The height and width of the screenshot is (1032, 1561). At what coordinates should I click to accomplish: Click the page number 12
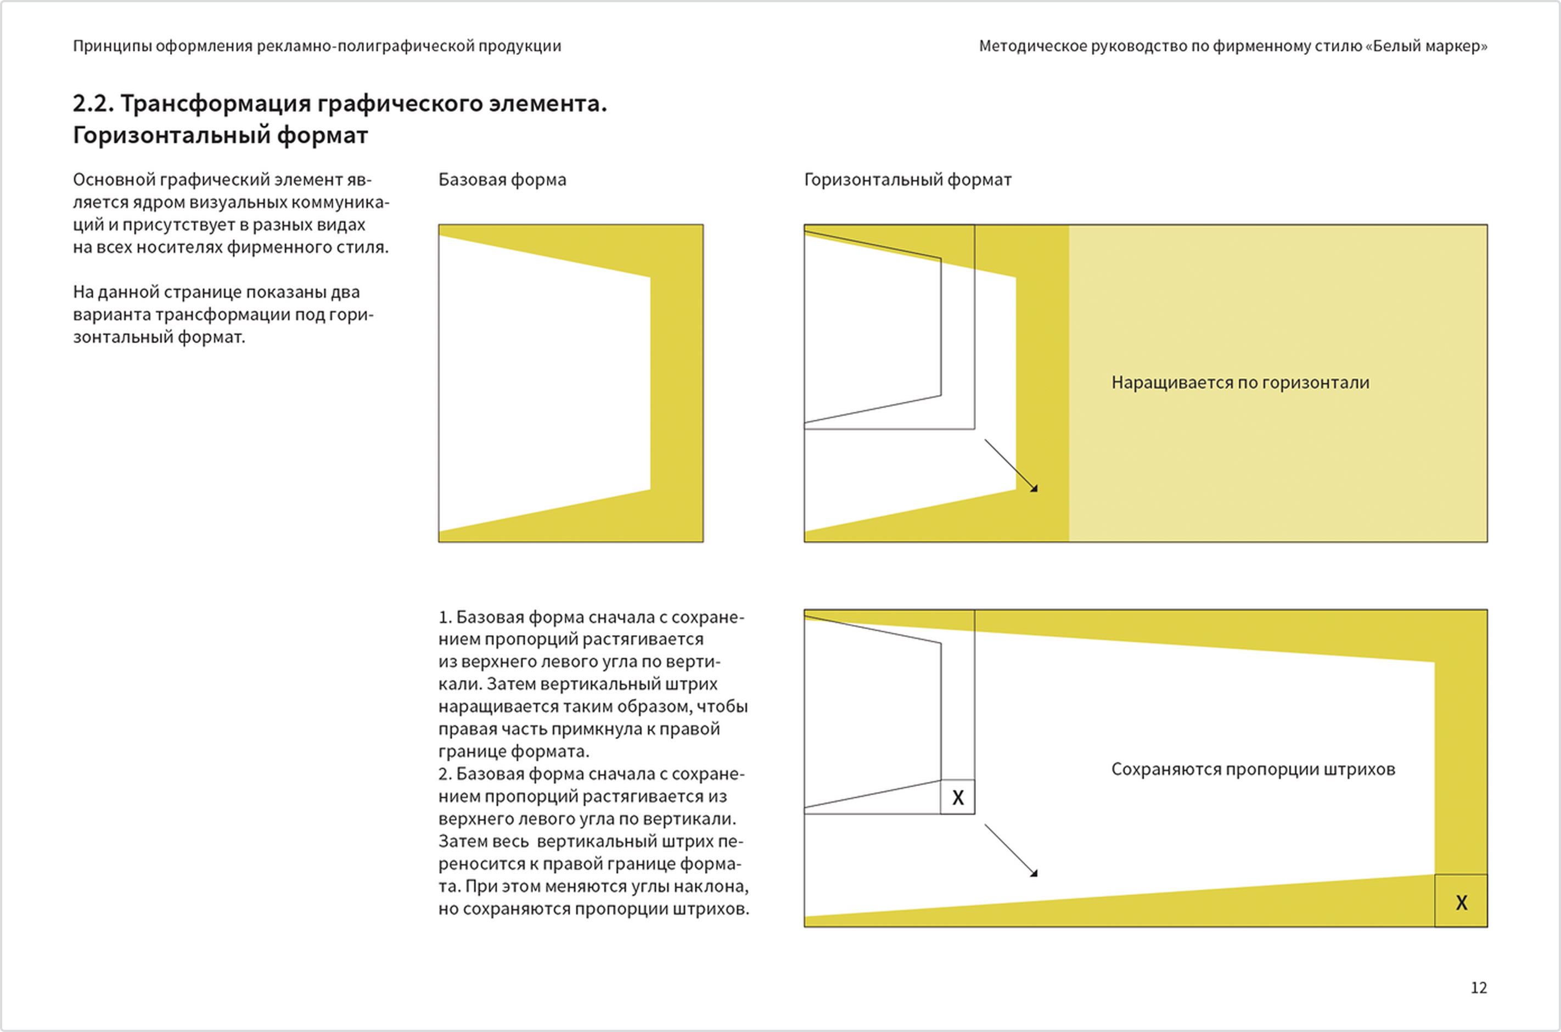click(x=1478, y=987)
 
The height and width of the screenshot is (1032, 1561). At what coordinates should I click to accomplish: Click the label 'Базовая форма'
click(x=502, y=180)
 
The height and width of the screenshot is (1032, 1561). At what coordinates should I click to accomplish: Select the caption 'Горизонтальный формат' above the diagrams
click(x=907, y=180)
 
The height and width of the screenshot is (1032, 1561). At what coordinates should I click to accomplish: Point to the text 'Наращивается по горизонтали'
click(x=1240, y=383)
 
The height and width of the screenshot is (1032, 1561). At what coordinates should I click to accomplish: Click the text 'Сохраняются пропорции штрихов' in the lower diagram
click(x=1253, y=769)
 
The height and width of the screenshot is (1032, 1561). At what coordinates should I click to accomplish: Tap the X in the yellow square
click(x=1461, y=902)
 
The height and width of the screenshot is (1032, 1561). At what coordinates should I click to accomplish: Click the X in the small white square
click(x=958, y=798)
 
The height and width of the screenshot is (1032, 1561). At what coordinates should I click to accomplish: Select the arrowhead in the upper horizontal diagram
click(x=1034, y=489)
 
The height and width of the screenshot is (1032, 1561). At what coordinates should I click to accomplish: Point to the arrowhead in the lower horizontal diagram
click(x=1034, y=873)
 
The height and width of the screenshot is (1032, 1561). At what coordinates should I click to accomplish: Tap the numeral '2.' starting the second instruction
click(x=445, y=774)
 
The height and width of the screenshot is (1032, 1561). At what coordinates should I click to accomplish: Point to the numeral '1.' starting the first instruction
click(x=445, y=618)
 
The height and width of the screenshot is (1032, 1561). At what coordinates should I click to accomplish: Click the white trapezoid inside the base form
click(x=540, y=382)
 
